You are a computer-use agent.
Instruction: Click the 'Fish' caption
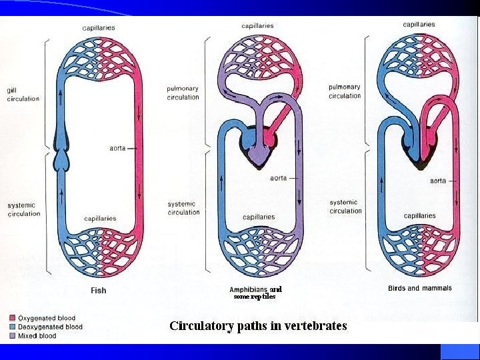(x=98, y=290)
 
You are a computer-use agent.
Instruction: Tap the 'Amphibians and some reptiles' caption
(x=255, y=293)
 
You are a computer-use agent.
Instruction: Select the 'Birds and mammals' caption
(x=419, y=288)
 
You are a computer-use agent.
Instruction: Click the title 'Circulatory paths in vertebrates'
(x=258, y=326)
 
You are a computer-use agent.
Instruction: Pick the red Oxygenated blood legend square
(x=13, y=319)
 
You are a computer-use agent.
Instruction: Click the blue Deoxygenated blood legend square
(x=13, y=327)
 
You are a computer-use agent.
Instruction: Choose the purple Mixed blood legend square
(x=13, y=336)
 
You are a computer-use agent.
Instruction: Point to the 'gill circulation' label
(x=23, y=95)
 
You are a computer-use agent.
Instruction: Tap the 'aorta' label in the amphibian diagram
(x=279, y=178)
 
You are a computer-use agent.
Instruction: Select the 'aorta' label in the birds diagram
(x=438, y=180)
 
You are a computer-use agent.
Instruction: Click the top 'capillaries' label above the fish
(x=98, y=28)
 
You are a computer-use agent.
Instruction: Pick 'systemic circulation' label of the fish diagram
(x=23, y=209)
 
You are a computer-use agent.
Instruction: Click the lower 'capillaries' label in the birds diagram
(x=419, y=215)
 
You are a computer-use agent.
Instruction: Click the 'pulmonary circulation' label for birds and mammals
(x=344, y=91)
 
